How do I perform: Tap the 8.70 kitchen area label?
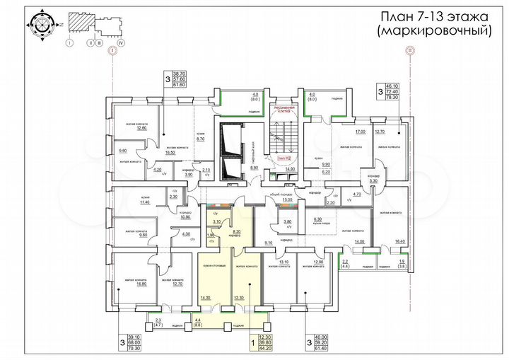(199, 139)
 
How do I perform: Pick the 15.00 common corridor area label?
(287, 200)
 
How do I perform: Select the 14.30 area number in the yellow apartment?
(206, 298)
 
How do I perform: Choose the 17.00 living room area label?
(360, 132)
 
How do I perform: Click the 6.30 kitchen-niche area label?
(317, 219)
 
